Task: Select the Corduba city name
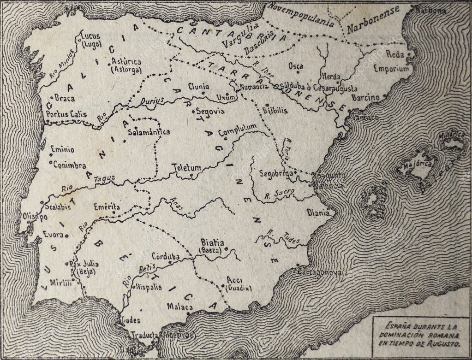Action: tap(165, 256)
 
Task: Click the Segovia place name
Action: tap(210, 112)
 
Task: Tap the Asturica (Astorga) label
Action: tap(125, 65)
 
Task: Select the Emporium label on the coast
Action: tap(391, 69)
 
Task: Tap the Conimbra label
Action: tap(70, 165)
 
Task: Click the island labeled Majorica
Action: tap(415, 164)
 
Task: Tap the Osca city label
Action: tap(295, 66)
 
